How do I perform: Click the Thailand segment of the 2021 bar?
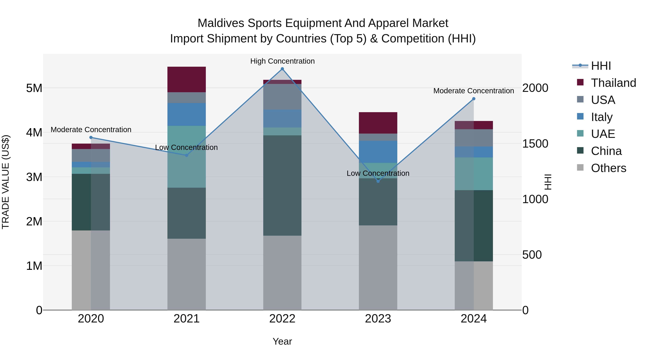[x=187, y=79]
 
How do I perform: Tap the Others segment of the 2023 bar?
[x=378, y=267]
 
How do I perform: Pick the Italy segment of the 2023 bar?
[x=378, y=152]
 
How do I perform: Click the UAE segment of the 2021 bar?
[x=187, y=157]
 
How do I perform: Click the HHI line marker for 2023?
[x=378, y=181]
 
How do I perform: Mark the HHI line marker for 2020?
[x=91, y=137]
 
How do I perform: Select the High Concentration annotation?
[x=282, y=61]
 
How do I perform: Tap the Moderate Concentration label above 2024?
[x=474, y=91]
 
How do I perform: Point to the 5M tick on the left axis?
[x=34, y=88]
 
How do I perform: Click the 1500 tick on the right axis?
[x=535, y=144]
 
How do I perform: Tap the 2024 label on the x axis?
[x=474, y=319]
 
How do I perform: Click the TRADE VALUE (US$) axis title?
[x=6, y=182]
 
